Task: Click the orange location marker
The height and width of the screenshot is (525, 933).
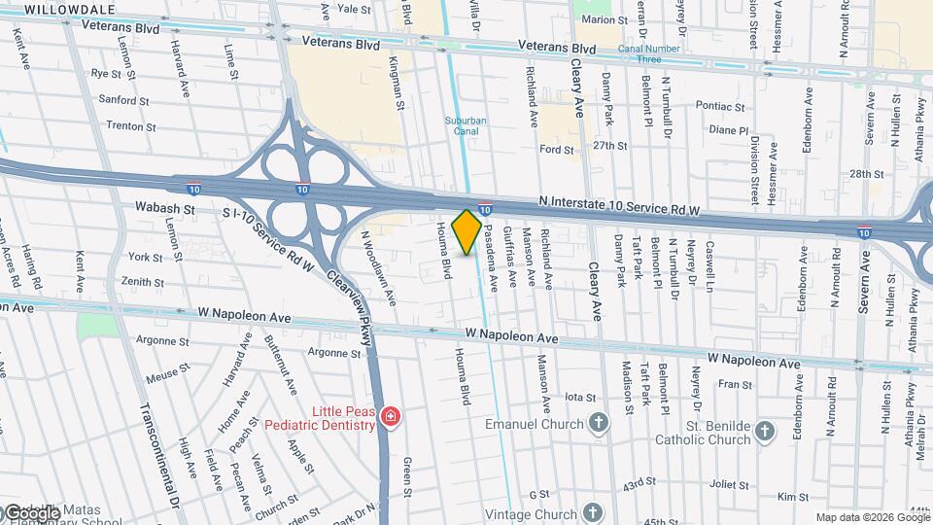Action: [467, 231]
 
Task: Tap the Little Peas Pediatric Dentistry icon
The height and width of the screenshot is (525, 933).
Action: [391, 417]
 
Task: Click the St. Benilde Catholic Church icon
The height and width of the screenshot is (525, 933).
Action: [766, 431]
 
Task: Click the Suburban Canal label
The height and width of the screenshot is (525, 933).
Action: [465, 125]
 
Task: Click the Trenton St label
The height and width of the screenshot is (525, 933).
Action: [124, 125]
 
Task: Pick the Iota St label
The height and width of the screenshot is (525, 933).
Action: [579, 398]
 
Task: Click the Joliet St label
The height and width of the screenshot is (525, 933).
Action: [722, 483]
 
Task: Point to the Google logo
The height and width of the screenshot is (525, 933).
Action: [31, 513]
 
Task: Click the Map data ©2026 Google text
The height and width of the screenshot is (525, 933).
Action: [871, 517]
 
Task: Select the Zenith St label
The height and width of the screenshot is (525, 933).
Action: [142, 281]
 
